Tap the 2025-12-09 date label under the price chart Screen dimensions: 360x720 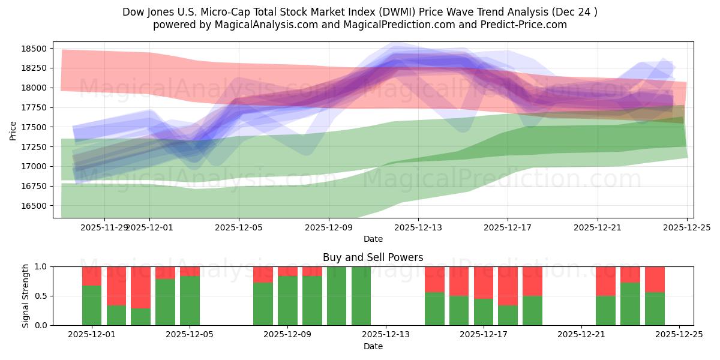tap(328, 227)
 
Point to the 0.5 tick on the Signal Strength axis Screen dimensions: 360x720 tap(43, 296)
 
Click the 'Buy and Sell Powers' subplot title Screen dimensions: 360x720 tap(373, 257)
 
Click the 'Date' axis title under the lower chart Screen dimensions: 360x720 tap(373, 346)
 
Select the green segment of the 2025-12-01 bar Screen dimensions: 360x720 tap(92, 305)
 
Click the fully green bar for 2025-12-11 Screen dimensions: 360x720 tap(337, 296)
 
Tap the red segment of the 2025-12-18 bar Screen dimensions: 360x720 tap(532, 281)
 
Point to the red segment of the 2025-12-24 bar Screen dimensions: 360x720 tap(655, 279)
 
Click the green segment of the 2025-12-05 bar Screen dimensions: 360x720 tap(190, 301)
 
